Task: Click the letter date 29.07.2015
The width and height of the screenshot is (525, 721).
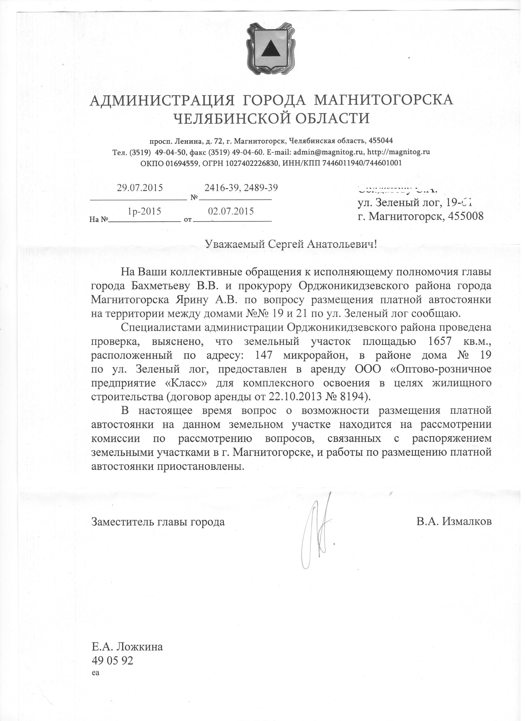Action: [x=140, y=188]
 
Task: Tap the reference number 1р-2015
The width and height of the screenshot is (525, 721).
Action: [x=144, y=211]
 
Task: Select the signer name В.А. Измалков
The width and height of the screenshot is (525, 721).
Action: [x=454, y=522]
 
